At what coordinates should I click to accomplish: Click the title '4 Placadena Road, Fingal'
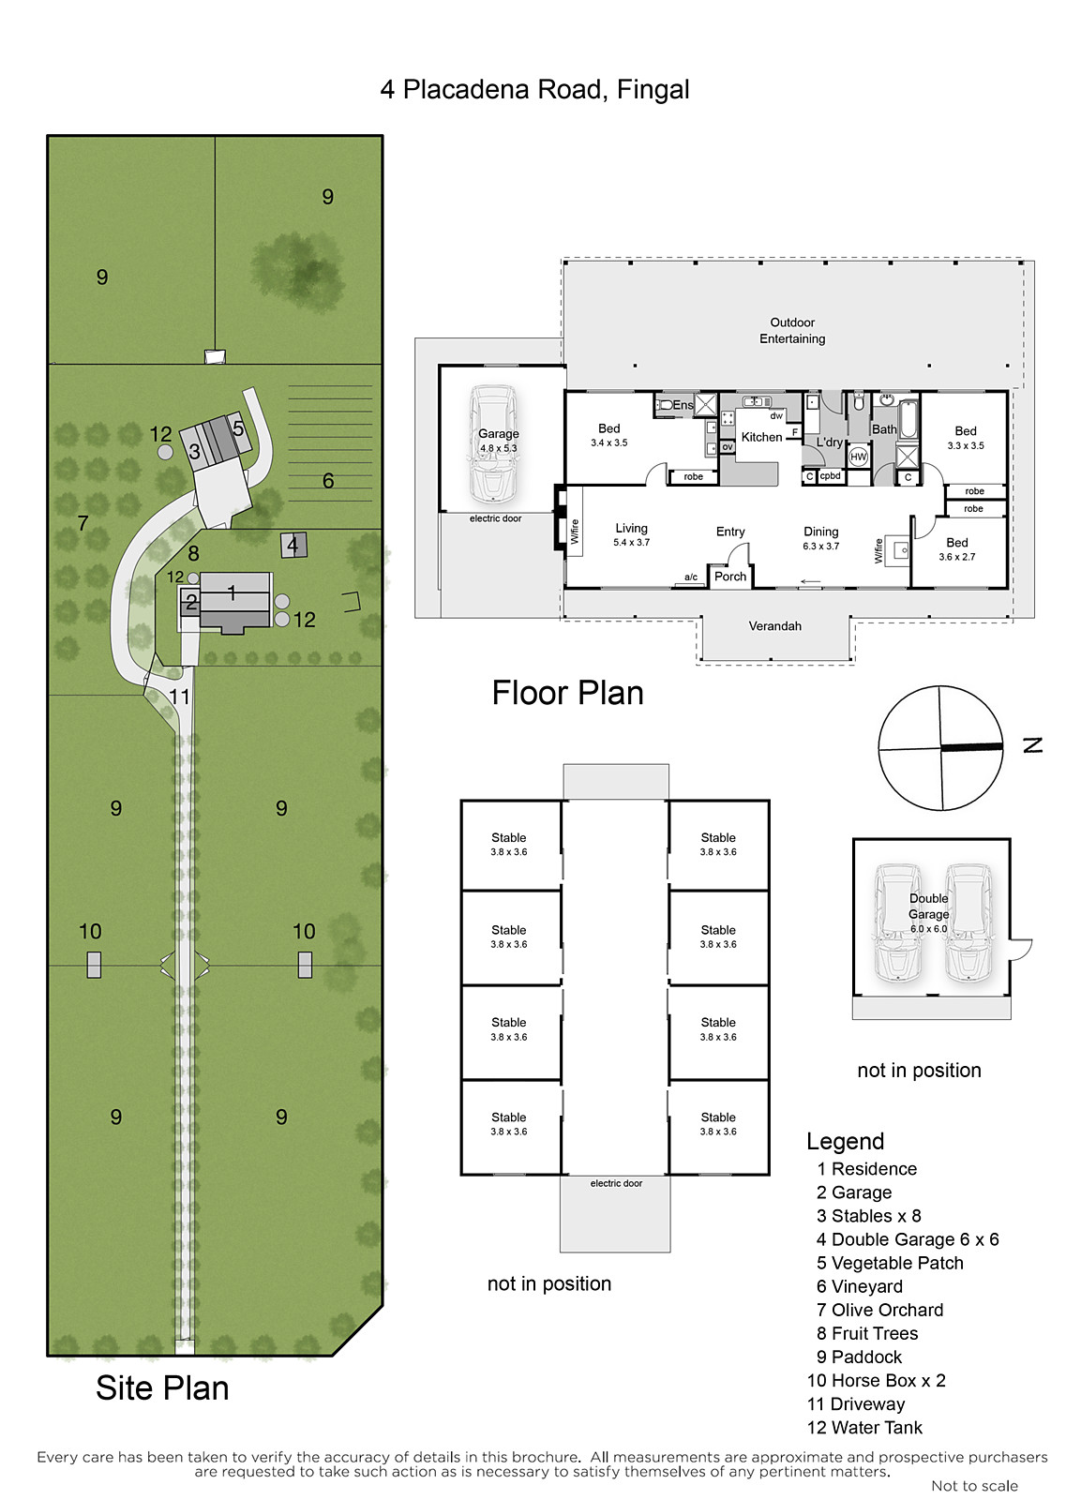(x=534, y=90)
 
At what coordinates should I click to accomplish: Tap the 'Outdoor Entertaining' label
(x=791, y=331)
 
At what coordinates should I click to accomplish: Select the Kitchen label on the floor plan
(x=761, y=437)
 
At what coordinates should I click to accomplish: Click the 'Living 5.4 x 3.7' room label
(x=631, y=534)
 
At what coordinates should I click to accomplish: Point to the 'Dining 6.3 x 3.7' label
(x=821, y=538)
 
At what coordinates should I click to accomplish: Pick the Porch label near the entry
(x=730, y=577)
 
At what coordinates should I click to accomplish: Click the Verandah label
(x=775, y=626)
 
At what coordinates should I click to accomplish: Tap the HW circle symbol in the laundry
(x=858, y=457)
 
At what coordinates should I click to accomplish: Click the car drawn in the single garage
(x=493, y=444)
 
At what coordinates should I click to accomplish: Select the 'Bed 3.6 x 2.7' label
(x=956, y=548)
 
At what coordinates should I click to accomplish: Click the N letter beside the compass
(x=1033, y=744)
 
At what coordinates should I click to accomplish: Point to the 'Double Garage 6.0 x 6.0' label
(x=928, y=913)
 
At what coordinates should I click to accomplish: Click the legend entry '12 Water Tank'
(x=864, y=1428)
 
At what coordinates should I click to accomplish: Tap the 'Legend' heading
(x=846, y=1141)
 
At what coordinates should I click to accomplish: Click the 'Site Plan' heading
(x=162, y=1388)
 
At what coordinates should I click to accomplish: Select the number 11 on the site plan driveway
(x=179, y=697)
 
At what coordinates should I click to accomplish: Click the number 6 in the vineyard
(x=328, y=481)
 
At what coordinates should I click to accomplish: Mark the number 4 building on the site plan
(x=293, y=545)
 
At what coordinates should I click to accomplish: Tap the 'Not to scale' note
(x=974, y=1486)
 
